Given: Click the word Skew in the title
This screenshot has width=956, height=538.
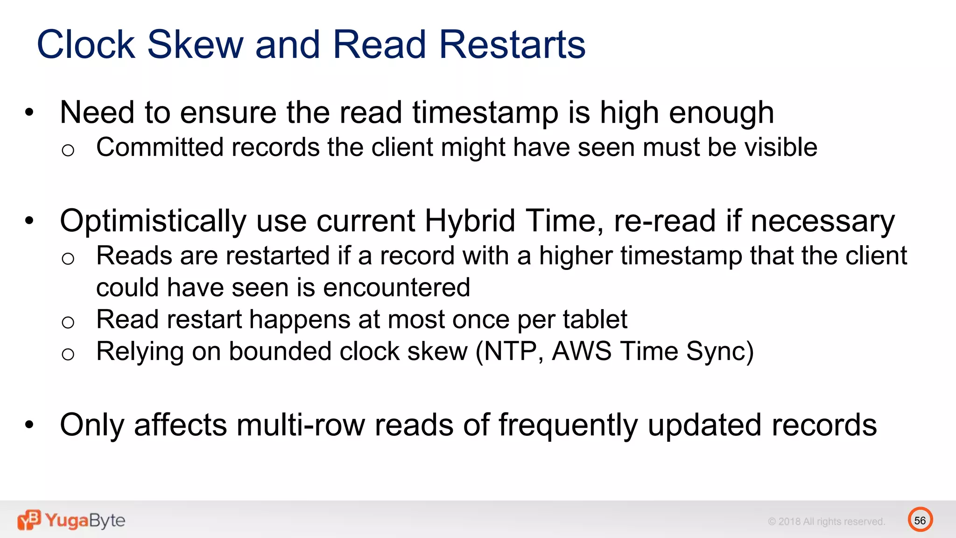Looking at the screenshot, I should tap(196, 45).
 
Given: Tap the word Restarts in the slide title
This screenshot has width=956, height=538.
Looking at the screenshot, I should tap(512, 45).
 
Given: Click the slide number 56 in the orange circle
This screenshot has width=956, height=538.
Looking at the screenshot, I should tap(920, 520).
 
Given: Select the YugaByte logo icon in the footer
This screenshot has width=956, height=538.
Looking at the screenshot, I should tap(29, 520).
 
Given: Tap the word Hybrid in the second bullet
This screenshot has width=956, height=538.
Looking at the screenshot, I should tap(470, 220).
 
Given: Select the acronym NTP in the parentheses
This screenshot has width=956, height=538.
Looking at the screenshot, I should tap(511, 351).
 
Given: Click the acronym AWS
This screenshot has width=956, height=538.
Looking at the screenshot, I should tap(581, 351).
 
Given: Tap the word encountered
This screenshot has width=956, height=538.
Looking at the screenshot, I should tap(396, 288).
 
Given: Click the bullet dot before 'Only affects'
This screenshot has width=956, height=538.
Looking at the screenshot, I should tap(29, 425).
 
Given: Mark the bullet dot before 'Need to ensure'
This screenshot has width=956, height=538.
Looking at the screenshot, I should tap(29, 112).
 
